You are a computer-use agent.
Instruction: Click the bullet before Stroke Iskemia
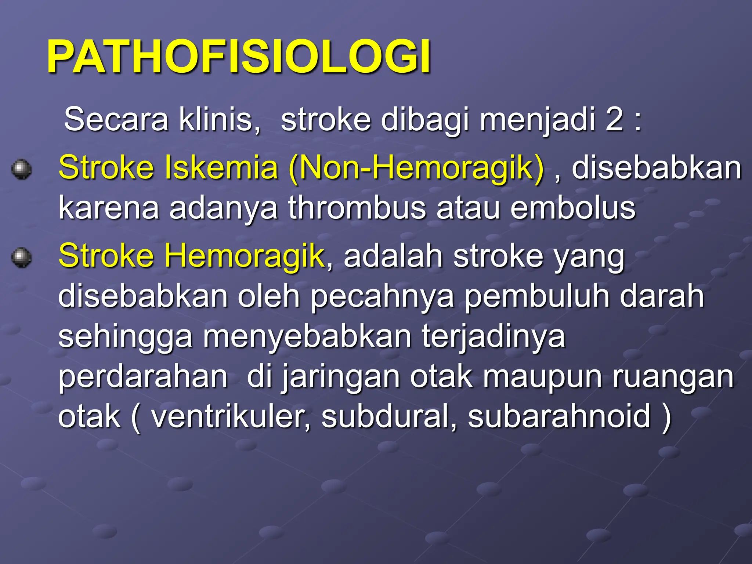(21, 169)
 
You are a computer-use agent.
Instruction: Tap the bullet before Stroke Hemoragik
(21, 257)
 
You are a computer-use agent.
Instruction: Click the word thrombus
(357, 208)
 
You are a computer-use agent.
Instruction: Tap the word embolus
(572, 208)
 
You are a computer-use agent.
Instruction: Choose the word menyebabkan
(307, 337)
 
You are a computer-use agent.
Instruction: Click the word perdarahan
(143, 377)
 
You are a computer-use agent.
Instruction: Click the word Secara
(116, 119)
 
